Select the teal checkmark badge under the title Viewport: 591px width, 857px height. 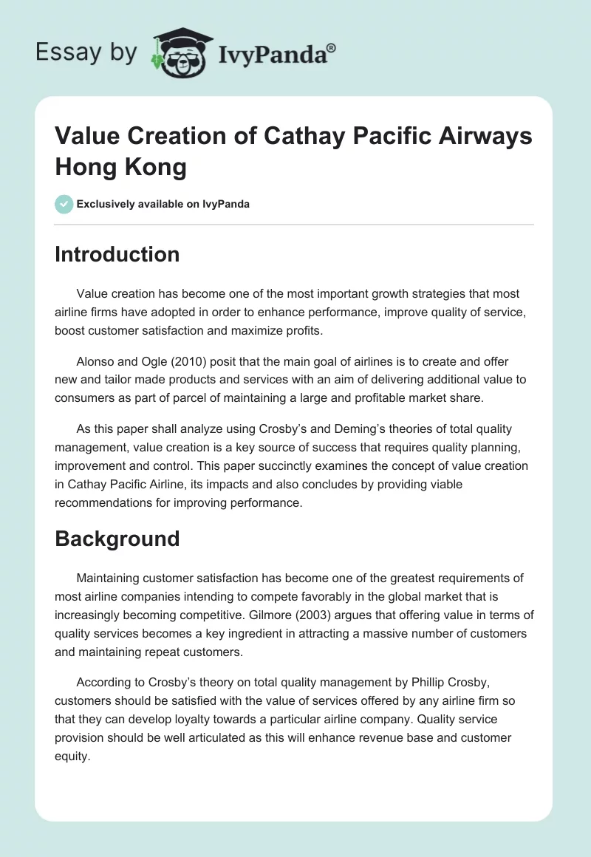tap(64, 204)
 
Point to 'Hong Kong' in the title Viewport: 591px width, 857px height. tap(120, 167)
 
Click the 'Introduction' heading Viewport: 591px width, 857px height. tap(117, 254)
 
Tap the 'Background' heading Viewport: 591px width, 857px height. tap(117, 539)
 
